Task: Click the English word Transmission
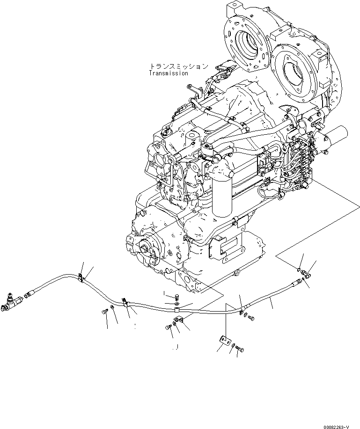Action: pyautogui.click(x=169, y=73)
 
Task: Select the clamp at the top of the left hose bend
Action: pyautogui.click(x=81, y=278)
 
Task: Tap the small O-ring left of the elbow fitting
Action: pyautogui.click(x=299, y=269)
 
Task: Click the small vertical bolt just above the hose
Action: pyautogui.click(x=176, y=296)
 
